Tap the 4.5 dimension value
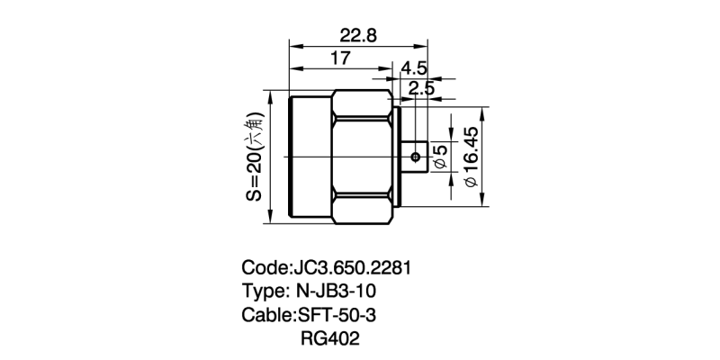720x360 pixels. pyautogui.click(x=414, y=68)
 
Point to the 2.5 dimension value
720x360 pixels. pyautogui.click(x=420, y=87)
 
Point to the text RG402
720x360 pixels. pyautogui.click(x=330, y=339)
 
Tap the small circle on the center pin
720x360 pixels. pyautogui.click(x=415, y=157)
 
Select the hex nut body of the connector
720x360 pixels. pyautogui.click(x=362, y=157)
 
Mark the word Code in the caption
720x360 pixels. pyautogui.click(x=265, y=268)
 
